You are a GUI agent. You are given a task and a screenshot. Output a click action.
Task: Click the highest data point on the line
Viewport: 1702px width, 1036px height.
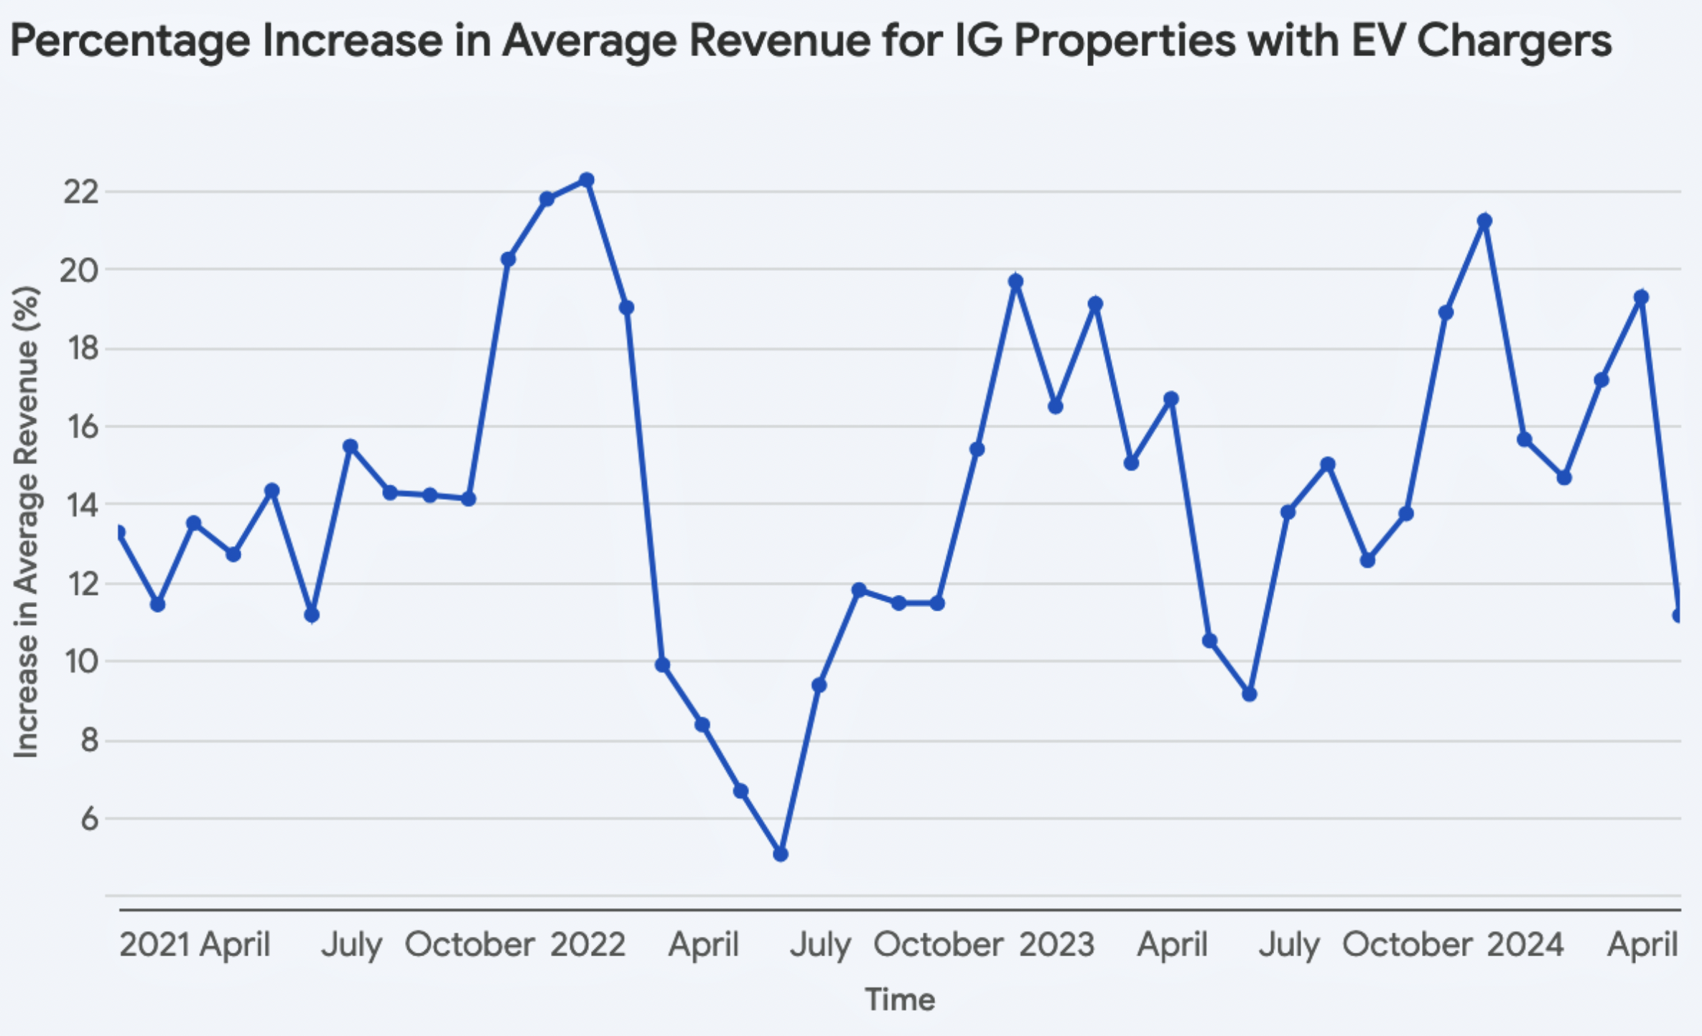587,180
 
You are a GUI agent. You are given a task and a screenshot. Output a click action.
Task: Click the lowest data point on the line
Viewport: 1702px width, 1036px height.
781,854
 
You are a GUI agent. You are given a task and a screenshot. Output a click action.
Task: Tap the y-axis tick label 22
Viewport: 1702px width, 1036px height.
80,192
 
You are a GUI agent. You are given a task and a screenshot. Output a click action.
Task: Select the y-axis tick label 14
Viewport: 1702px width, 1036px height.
80,505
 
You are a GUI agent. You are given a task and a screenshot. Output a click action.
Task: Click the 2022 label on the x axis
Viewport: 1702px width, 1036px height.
588,944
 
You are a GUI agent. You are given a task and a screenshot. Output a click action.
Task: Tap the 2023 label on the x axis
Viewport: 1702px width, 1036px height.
1056,944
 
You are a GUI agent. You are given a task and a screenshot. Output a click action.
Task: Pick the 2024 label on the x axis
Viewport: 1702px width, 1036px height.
1525,944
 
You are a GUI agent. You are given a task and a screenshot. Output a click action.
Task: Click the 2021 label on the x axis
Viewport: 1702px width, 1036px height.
154,944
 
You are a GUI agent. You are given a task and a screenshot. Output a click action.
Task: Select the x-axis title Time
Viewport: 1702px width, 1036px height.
900,999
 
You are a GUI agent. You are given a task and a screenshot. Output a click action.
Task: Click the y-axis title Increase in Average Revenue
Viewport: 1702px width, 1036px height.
26,522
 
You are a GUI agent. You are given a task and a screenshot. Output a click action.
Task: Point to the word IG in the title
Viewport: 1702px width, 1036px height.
980,40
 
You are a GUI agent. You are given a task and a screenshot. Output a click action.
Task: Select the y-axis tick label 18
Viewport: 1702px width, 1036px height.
80,348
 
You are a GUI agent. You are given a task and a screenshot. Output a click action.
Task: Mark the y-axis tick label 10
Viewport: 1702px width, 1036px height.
80,661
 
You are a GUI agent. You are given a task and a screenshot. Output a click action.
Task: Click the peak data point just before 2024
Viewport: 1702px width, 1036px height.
1484,221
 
